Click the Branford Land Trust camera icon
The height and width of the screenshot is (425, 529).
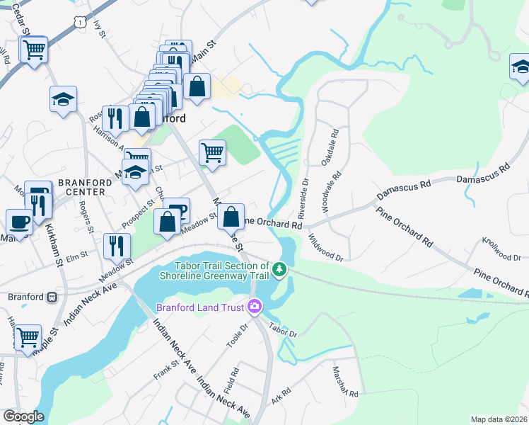tap(255, 307)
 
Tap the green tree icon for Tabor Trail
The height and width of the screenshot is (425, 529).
tap(280, 269)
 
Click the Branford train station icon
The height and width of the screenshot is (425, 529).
tap(52, 297)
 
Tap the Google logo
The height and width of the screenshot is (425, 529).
tap(23, 416)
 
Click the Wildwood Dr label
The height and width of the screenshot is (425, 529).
tap(325, 249)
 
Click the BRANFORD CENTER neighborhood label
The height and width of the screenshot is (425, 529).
tap(85, 187)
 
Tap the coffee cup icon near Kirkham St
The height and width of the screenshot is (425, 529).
tap(19, 221)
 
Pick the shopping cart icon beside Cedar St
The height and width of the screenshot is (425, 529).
tap(33, 50)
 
